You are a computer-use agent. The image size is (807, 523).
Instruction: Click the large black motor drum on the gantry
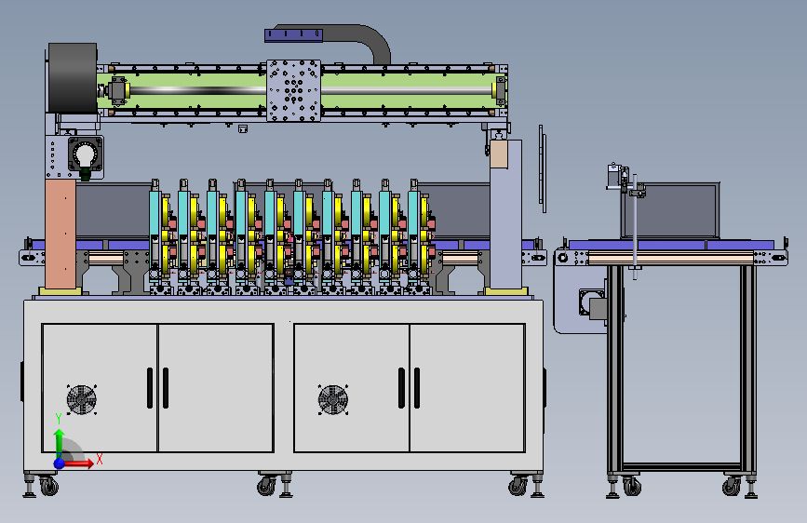coord(73,78)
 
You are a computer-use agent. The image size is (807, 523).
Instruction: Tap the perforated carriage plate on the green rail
coord(294,90)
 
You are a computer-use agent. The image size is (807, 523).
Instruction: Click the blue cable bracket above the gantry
coord(293,35)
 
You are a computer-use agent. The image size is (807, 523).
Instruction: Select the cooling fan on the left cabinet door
coord(81,399)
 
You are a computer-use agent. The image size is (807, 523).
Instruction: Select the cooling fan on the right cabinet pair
coord(333,399)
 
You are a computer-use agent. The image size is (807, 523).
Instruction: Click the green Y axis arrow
coord(60,442)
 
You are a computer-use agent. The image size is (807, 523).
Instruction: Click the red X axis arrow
coord(78,463)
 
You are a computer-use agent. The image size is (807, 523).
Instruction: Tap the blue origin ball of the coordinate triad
coord(60,463)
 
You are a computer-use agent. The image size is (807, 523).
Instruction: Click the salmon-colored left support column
coord(61,234)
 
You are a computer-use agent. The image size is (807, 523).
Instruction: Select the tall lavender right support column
coord(506,214)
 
